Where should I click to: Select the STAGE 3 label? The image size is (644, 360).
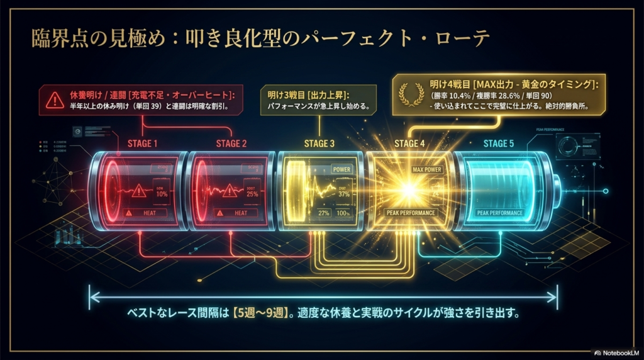(x=319, y=143)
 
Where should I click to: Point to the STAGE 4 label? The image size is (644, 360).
(x=409, y=143)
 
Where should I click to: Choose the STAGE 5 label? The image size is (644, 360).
(x=499, y=143)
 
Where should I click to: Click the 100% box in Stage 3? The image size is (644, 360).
(x=344, y=214)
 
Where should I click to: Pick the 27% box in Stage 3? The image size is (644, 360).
(x=323, y=214)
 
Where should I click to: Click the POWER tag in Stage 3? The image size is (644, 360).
(x=342, y=170)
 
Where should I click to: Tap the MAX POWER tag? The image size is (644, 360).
(x=427, y=170)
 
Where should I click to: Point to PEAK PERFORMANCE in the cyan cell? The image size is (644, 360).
(x=500, y=213)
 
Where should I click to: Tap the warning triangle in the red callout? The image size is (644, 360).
(x=53, y=99)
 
